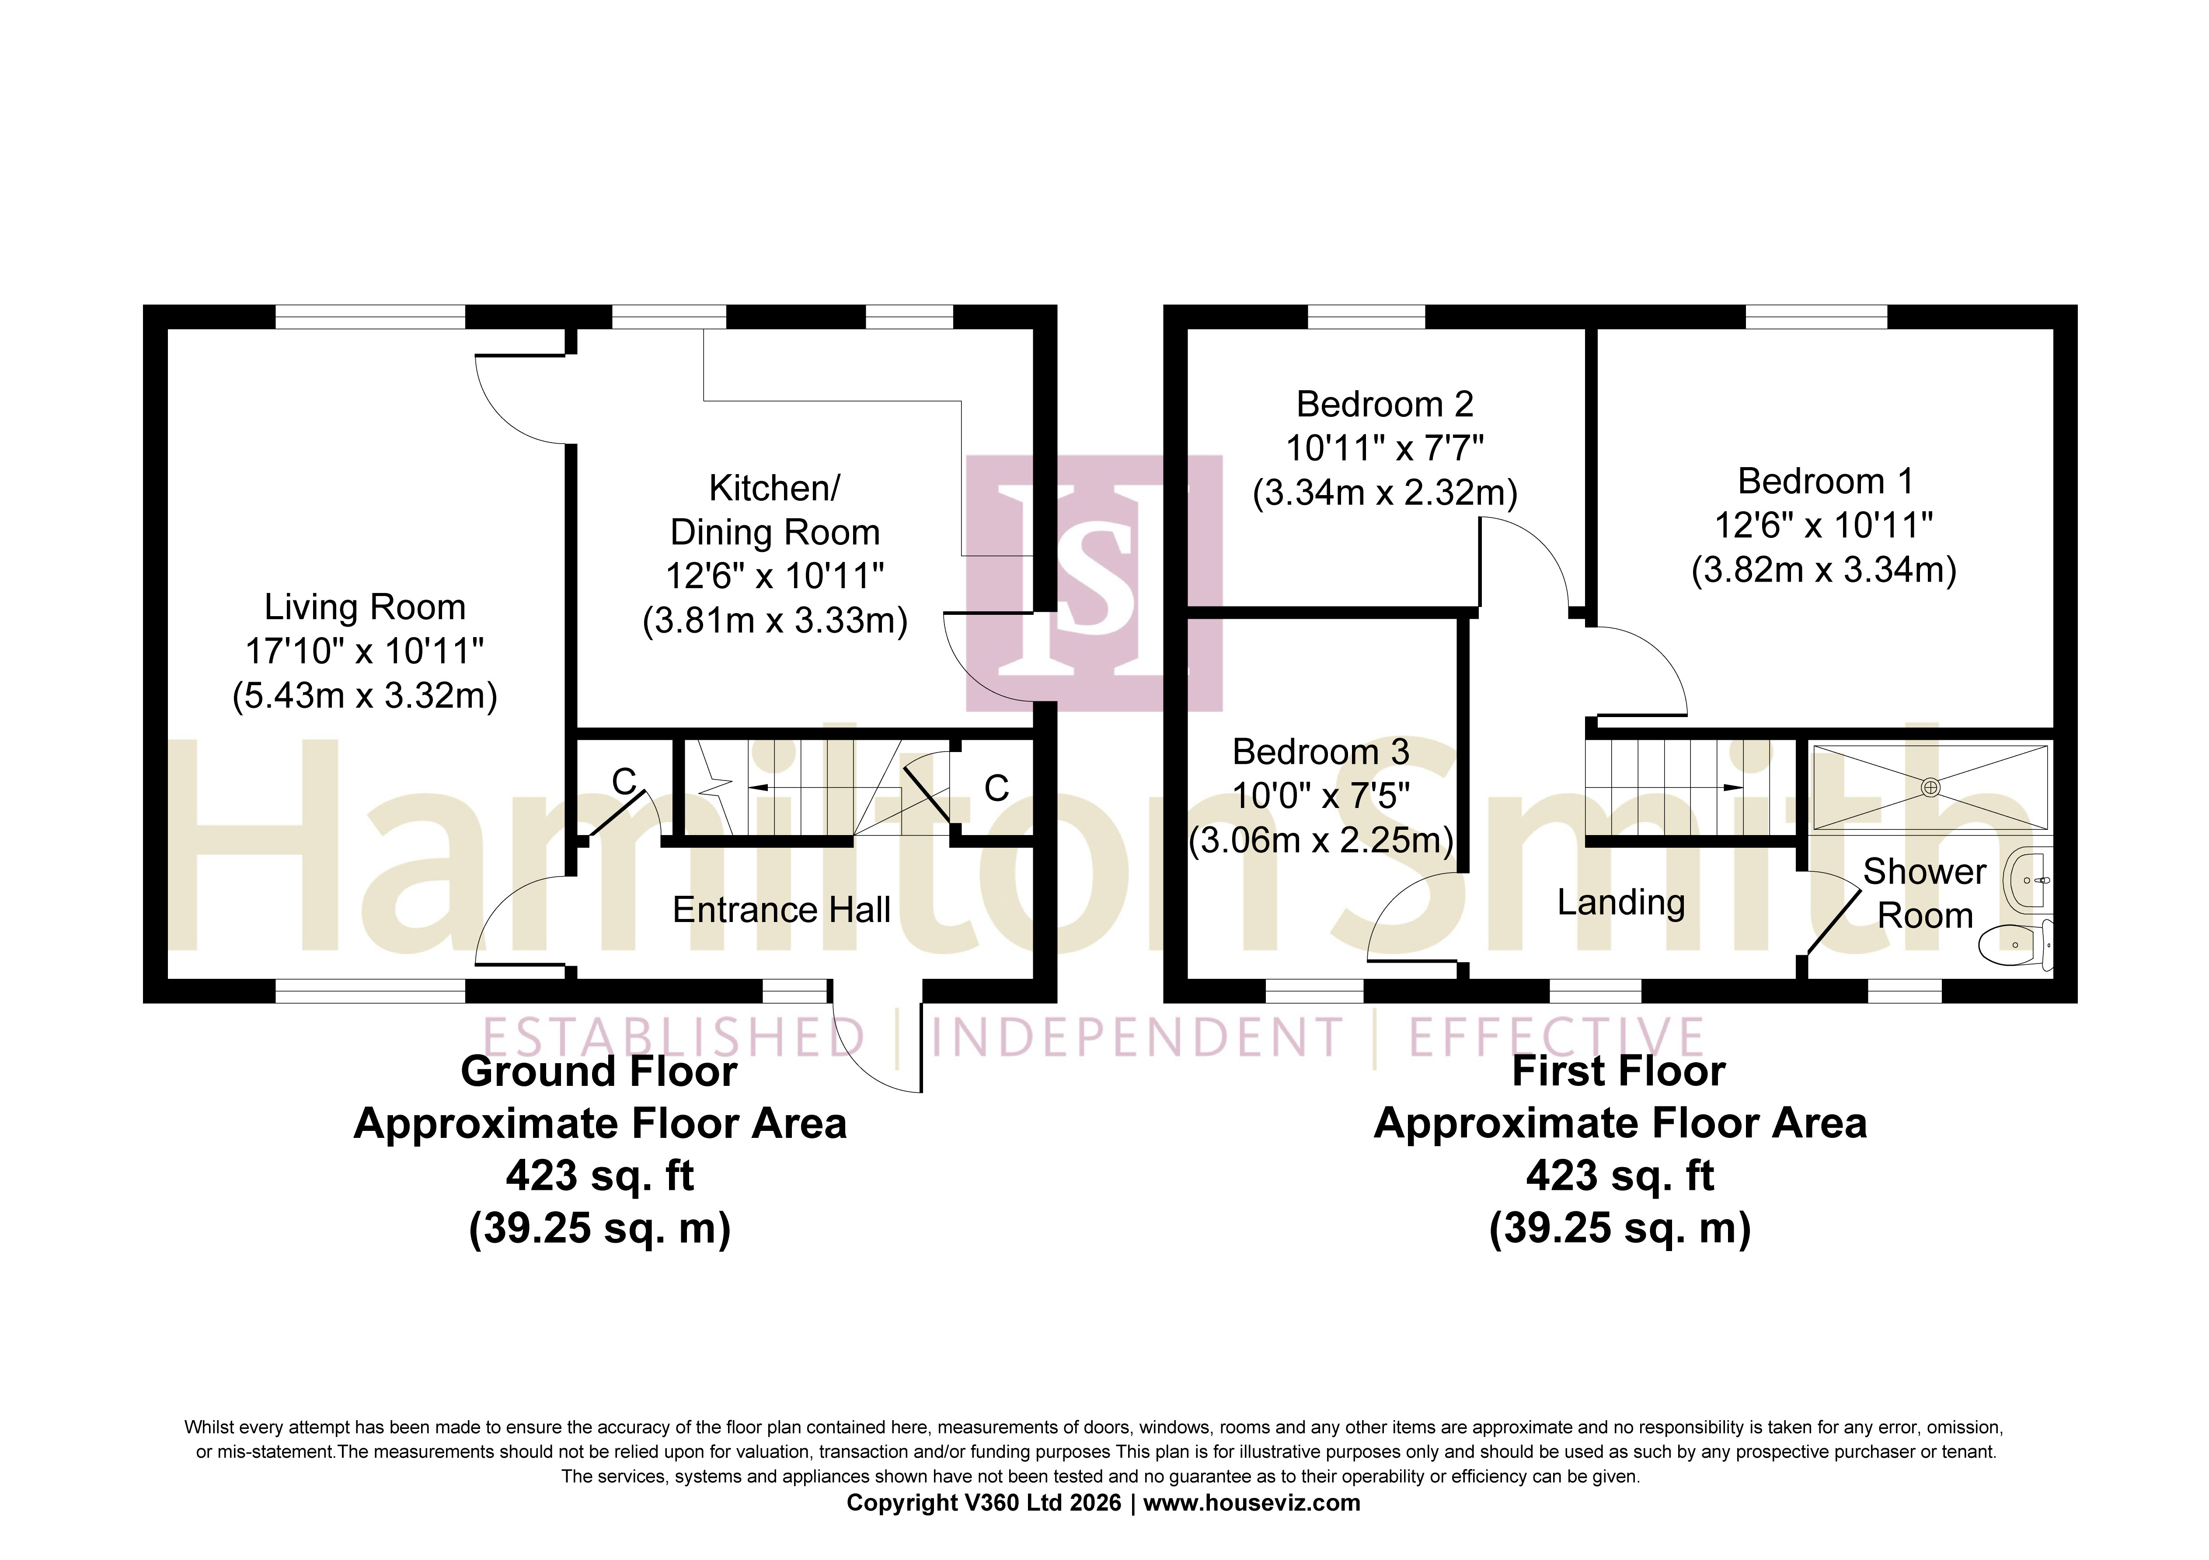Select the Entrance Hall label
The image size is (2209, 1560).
pyautogui.click(x=781, y=910)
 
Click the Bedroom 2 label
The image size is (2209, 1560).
pyautogui.click(x=1384, y=404)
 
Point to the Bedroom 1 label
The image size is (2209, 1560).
pyautogui.click(x=1825, y=481)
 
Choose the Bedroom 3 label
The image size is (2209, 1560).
pyautogui.click(x=1321, y=751)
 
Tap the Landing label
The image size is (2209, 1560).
pyautogui.click(x=1621, y=902)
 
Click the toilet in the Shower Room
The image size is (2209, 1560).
pyautogui.click(x=2016, y=944)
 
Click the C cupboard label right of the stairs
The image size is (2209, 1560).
pyautogui.click(x=997, y=789)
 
